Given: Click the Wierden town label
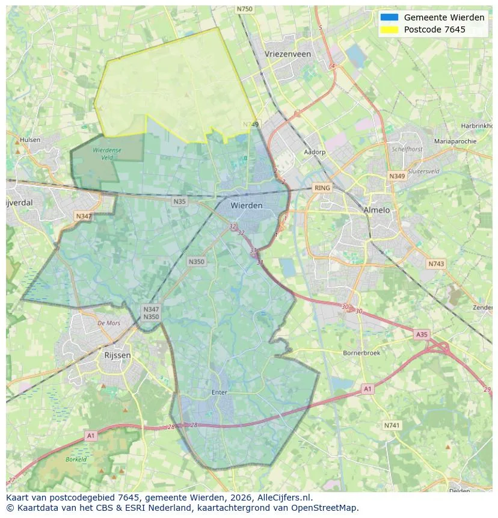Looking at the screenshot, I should tap(247, 206).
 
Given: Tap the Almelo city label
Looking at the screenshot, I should tap(377, 210).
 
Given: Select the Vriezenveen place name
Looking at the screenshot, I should tap(287, 54).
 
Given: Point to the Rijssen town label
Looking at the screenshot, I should tap(117, 355).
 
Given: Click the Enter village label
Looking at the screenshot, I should tap(220, 392).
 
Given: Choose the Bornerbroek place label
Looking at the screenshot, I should tap(361, 353).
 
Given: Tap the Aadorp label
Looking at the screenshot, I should tap(315, 152).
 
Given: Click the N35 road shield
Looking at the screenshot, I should tap(179, 202).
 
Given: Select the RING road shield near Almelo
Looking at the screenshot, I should tap(322, 188).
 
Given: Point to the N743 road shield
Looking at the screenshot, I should tap(436, 264).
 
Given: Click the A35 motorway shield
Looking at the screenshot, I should tap(422, 334).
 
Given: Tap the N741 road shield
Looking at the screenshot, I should tap(392, 425).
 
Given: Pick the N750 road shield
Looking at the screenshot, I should tap(245, 9).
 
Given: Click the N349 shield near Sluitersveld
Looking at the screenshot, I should tap(397, 176).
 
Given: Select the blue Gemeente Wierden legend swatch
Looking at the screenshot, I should tap(389, 17).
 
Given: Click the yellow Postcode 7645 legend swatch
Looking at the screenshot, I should tap(389, 29).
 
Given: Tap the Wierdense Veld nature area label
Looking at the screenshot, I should tap(107, 153).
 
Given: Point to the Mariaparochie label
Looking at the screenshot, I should tap(455, 141).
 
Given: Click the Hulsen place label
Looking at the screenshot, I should tap(30, 140).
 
